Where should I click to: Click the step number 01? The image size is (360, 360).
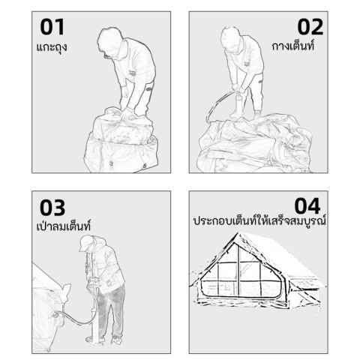(x=52, y=27)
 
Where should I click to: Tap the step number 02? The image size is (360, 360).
(x=310, y=27)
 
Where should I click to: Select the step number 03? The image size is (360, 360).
(x=52, y=207)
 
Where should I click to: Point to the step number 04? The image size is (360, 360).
(x=307, y=205)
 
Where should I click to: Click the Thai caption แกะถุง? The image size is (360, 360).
(x=52, y=47)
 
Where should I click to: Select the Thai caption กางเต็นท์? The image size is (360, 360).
(x=293, y=46)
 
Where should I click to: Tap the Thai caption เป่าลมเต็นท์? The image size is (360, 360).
(x=64, y=226)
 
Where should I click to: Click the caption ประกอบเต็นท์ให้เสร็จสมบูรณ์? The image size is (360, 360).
(x=259, y=220)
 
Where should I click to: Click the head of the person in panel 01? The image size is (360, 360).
(x=111, y=41)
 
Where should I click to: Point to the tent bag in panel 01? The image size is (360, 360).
(x=121, y=141)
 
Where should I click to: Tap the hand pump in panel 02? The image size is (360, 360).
(x=238, y=101)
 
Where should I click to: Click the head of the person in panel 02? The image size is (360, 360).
(x=231, y=40)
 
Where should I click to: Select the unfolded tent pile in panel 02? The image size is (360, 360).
(x=255, y=144)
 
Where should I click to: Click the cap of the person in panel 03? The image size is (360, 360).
(x=86, y=243)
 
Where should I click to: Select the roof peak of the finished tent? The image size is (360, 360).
(x=238, y=233)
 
